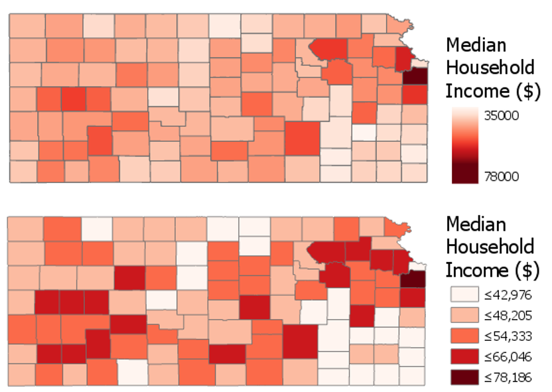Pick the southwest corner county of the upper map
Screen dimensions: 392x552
click(23, 171)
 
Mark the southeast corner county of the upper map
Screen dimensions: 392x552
click(414, 171)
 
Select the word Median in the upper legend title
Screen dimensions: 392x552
click(476, 45)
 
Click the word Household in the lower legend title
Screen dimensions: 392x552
click(490, 247)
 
